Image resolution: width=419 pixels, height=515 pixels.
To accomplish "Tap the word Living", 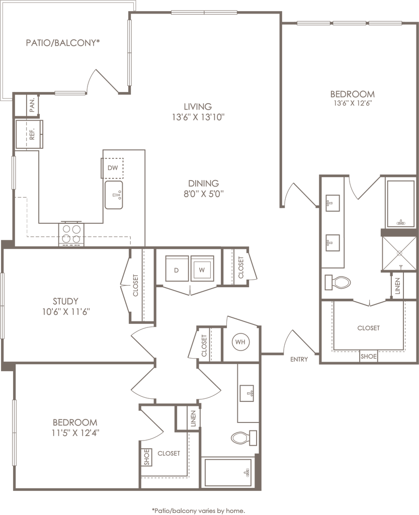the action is [198, 106].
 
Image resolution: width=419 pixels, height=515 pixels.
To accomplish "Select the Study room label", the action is [64, 301].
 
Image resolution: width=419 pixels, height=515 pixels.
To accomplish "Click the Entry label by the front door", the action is [299, 360].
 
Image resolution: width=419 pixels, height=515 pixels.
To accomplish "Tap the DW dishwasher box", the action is [113, 167].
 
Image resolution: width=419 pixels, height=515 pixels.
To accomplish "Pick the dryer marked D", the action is [177, 270].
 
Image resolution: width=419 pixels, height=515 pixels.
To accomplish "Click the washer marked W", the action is [202, 270].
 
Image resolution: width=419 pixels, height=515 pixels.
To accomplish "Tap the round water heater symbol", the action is [239, 342].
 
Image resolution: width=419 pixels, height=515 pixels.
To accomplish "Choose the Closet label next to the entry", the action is [368, 328].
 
